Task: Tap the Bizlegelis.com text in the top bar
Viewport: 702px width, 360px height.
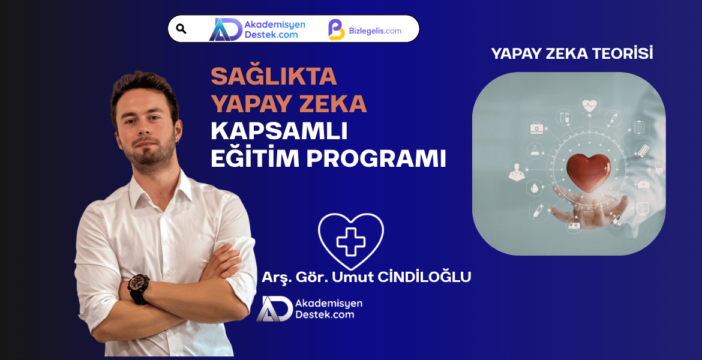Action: pos(375,31)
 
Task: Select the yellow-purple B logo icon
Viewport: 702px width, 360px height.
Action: pos(336,29)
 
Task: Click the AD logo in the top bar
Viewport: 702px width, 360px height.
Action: pos(224,29)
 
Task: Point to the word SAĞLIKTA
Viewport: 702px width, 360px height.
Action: pos(274,76)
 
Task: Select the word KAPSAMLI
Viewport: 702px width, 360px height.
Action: pos(279,132)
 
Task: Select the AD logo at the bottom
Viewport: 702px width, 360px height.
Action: pos(274,308)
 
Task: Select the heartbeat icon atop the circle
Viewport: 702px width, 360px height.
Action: pos(589,105)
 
